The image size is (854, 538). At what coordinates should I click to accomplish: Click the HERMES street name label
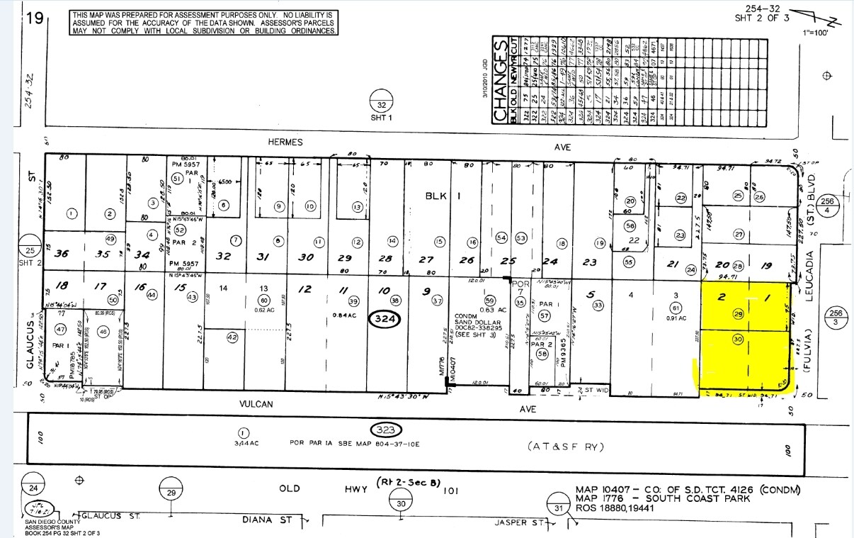pyautogui.click(x=285, y=142)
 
